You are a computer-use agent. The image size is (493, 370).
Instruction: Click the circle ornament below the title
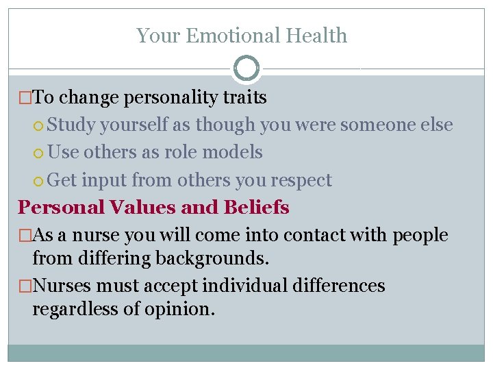246,69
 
